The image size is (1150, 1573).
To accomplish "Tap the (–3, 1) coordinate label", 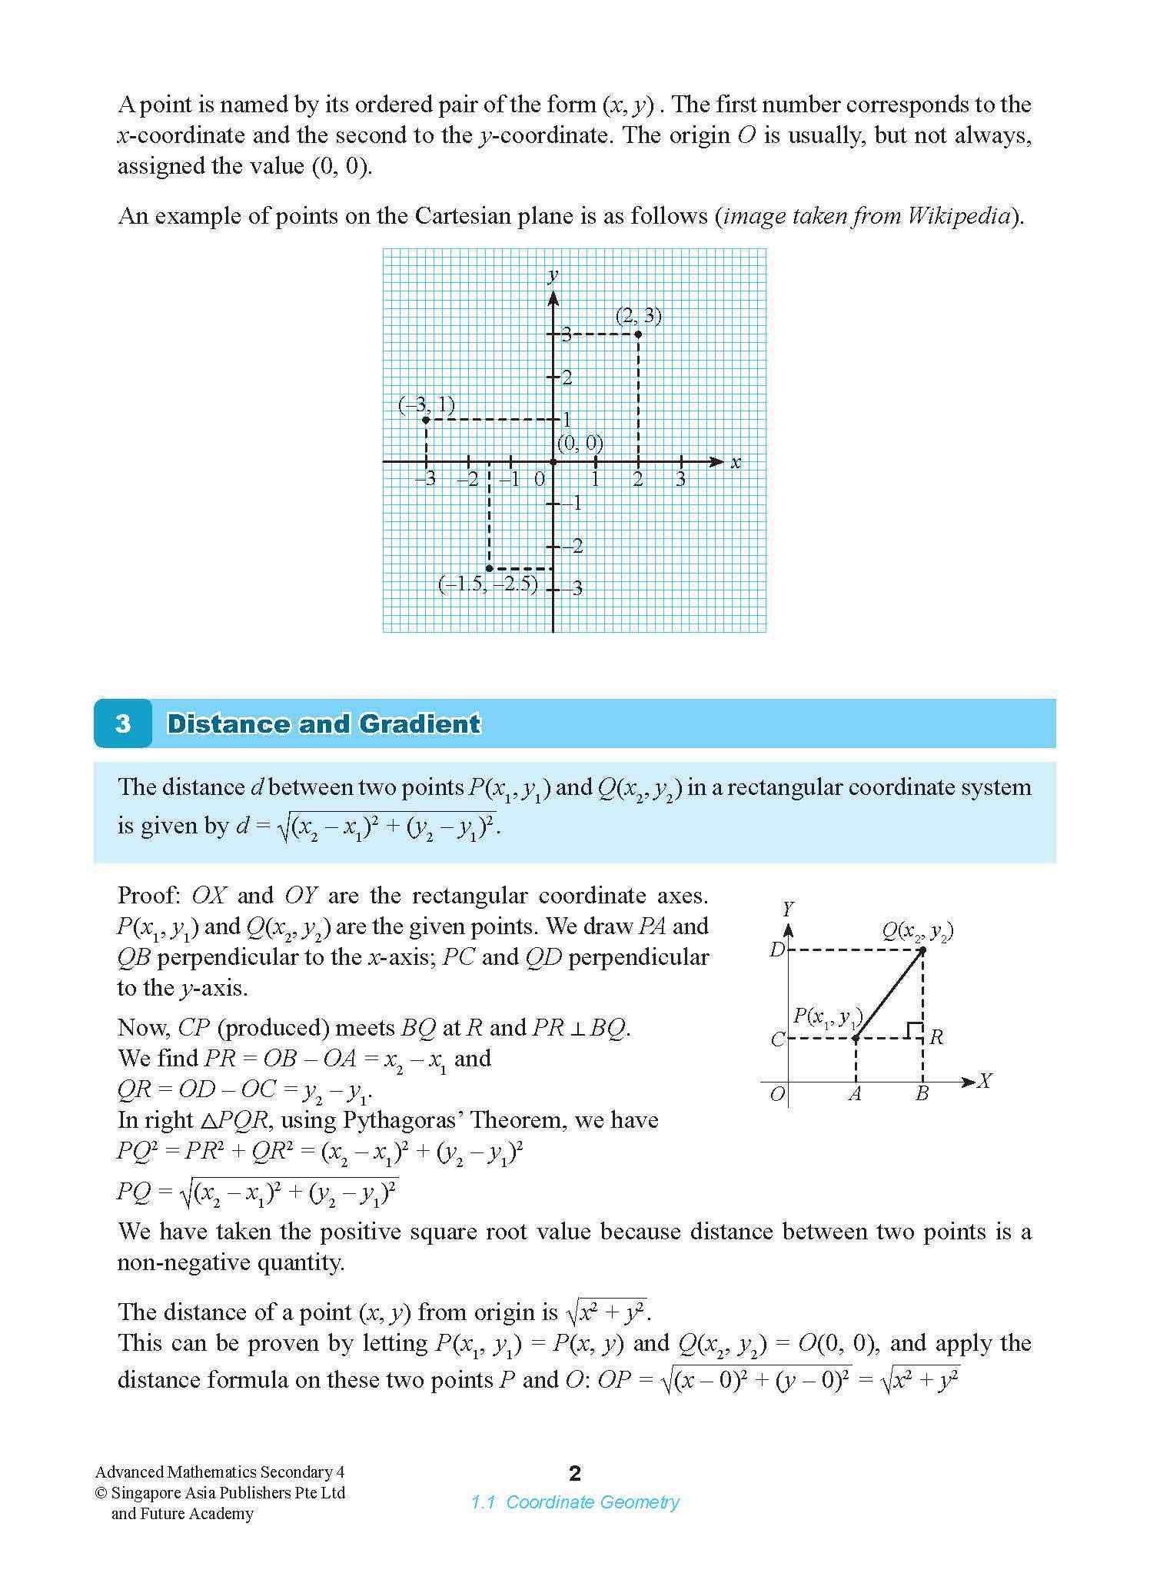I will tap(427, 405).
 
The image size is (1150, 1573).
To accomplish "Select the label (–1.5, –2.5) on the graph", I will tap(487, 584).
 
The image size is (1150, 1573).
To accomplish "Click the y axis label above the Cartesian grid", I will tap(552, 275).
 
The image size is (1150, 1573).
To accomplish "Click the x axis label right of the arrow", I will tap(736, 463).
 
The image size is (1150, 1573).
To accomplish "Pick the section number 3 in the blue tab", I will tap(123, 723).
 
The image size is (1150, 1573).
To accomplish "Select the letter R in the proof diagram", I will tap(936, 1038).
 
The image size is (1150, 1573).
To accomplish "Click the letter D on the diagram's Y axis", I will tap(776, 950).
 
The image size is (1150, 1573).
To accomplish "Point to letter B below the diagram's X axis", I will tap(922, 1094).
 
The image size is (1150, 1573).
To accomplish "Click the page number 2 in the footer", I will tap(575, 1473).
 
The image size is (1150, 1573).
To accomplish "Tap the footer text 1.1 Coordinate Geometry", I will tap(575, 1502).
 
